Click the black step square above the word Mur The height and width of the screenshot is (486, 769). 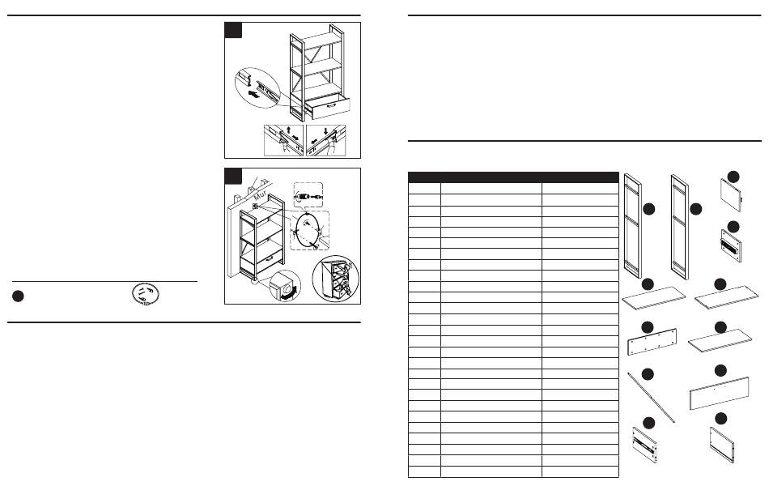pos(233,177)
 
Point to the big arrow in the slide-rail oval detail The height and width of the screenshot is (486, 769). pos(253,93)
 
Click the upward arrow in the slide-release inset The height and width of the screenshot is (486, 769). pos(288,130)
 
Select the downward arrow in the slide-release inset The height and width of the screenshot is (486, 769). pos(325,131)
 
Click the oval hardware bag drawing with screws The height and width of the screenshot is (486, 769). pos(146,294)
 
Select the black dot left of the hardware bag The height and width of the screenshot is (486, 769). pos(18,296)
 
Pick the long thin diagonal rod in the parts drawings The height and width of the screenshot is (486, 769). pos(652,398)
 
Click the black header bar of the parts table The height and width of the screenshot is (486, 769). pos(513,177)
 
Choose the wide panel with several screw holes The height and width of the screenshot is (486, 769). pos(652,342)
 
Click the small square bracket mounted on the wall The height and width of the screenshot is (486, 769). pos(255,207)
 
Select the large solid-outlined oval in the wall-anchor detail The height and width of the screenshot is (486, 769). pos(308,231)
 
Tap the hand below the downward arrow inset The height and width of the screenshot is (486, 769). pos(333,146)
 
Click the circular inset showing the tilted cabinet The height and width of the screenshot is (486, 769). pos(335,279)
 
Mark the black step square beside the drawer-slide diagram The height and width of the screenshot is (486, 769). pos(233,30)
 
